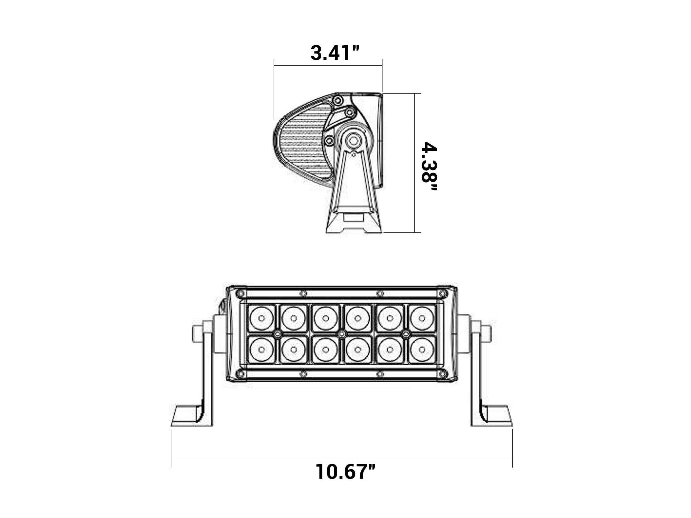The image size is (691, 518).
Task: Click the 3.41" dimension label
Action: (x=335, y=53)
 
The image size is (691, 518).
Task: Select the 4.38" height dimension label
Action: (x=429, y=167)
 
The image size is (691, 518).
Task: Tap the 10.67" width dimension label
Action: (x=345, y=472)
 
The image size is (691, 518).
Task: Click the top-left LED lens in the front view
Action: (x=262, y=318)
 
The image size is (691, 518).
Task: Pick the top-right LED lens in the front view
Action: (x=422, y=318)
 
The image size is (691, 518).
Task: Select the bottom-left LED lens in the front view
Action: (x=262, y=349)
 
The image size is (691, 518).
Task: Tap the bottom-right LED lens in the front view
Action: (x=422, y=349)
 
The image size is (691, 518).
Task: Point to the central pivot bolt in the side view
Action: (x=353, y=140)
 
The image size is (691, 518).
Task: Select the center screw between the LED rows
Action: (x=342, y=334)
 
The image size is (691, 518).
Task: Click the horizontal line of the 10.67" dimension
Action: (x=342, y=457)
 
